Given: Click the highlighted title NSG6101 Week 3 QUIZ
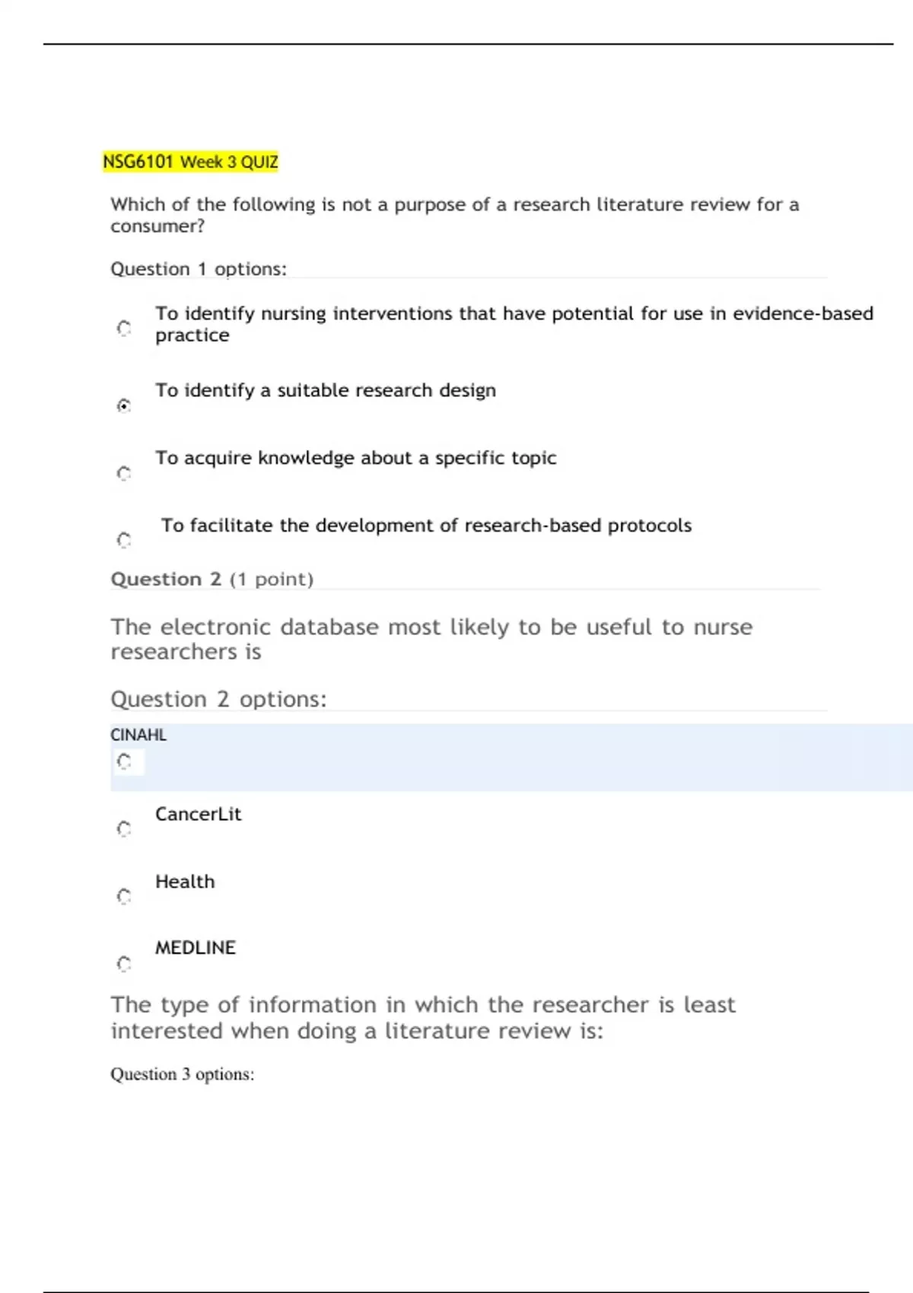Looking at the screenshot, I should pyautogui.click(x=190, y=162).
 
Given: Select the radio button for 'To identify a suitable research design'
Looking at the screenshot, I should pyautogui.click(x=124, y=405).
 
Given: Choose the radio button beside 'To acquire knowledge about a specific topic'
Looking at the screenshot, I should pyautogui.click(x=124, y=473).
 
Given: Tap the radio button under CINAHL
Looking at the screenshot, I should pyautogui.click(x=124, y=761).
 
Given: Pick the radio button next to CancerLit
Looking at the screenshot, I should pyautogui.click(x=124, y=828).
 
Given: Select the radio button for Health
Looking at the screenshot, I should pyautogui.click(x=124, y=896).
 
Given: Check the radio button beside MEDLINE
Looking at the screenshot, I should pyautogui.click(x=124, y=964).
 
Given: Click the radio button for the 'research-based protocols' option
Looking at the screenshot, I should pyautogui.click(x=124, y=540).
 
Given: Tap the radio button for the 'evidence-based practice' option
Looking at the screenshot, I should pyautogui.click(x=124, y=328).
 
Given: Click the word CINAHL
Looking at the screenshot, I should pyautogui.click(x=138, y=735).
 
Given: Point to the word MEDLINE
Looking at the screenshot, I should pyautogui.click(x=196, y=948).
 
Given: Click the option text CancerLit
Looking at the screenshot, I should pyautogui.click(x=198, y=814).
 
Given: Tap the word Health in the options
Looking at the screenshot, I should pyautogui.click(x=185, y=882).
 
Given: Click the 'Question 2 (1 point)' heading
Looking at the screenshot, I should pyautogui.click(x=212, y=580).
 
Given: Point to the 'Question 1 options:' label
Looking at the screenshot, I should pyautogui.click(x=199, y=269).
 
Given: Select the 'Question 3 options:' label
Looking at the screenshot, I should pyautogui.click(x=183, y=1074).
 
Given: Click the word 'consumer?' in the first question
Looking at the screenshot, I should pyautogui.click(x=157, y=227).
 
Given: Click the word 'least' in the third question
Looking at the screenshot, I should pyautogui.click(x=709, y=1005).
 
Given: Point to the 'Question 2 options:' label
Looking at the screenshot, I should pyautogui.click(x=218, y=699).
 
